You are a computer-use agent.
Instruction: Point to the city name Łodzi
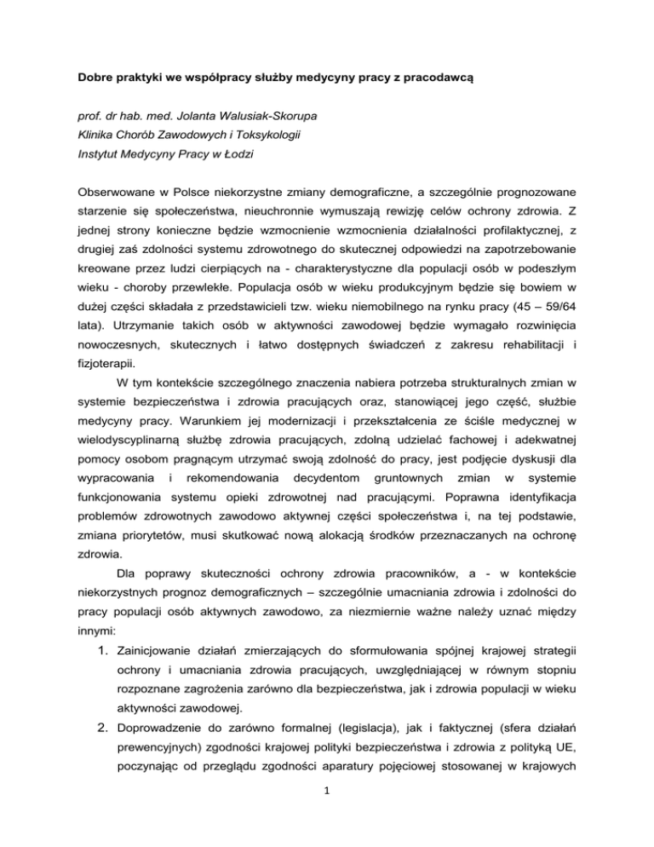coord(241,157)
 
